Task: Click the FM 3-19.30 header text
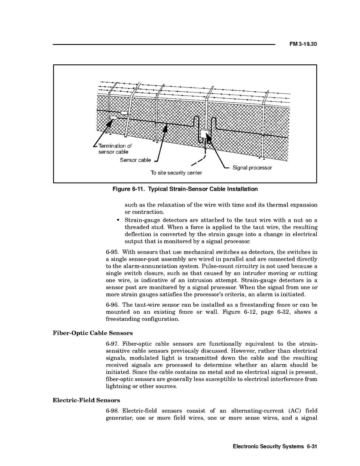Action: pos(303,44)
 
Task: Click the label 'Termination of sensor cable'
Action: pos(115,149)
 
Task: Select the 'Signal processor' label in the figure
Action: pos(252,168)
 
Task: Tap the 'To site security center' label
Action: pos(176,173)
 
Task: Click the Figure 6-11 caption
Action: pos(185,189)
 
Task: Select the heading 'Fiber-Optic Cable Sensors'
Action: pos(93,333)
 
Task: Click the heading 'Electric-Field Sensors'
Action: pos(86,400)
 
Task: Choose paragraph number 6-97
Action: pos(112,344)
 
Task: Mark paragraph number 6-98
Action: pos(112,411)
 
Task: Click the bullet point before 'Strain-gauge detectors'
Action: pos(118,220)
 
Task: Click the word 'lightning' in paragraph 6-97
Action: pos(117,386)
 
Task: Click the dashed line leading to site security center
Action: pos(199,161)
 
